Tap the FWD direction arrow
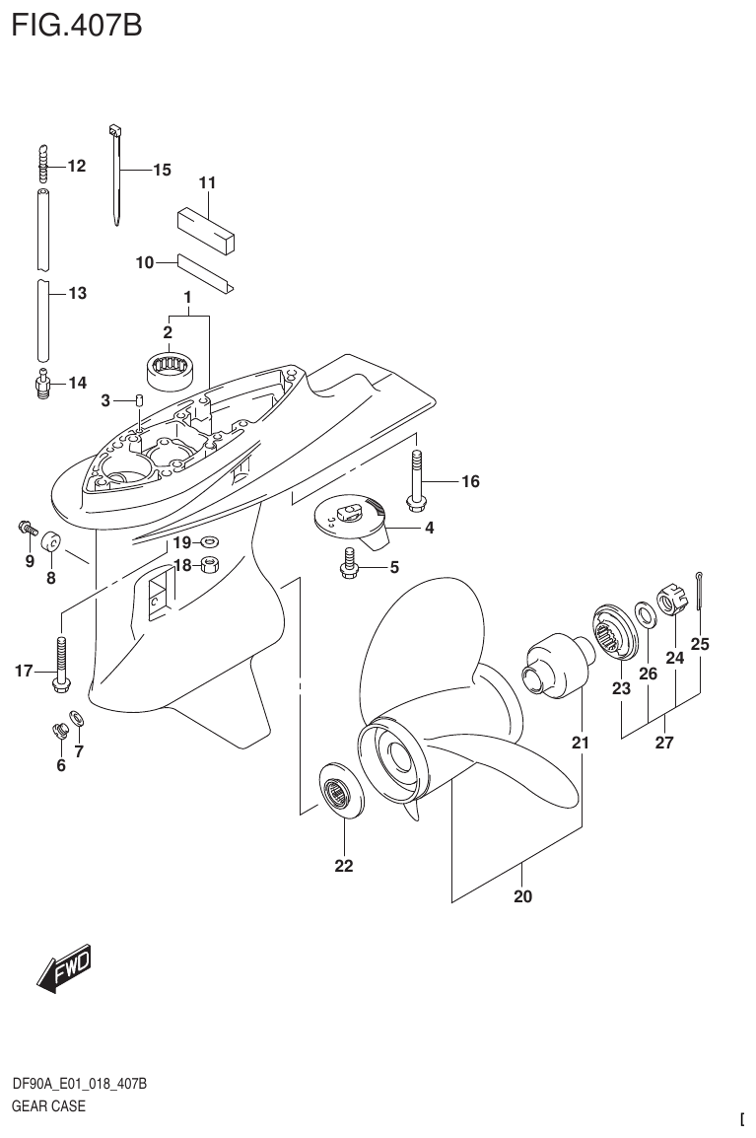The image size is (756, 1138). click(64, 970)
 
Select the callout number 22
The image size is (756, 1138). click(343, 867)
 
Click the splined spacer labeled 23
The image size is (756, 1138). click(615, 630)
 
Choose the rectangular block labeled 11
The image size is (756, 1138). click(209, 226)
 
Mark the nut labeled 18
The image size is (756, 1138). click(209, 565)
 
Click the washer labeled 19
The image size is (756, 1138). click(209, 542)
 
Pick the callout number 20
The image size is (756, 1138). click(522, 896)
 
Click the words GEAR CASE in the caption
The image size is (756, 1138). click(48, 1105)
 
